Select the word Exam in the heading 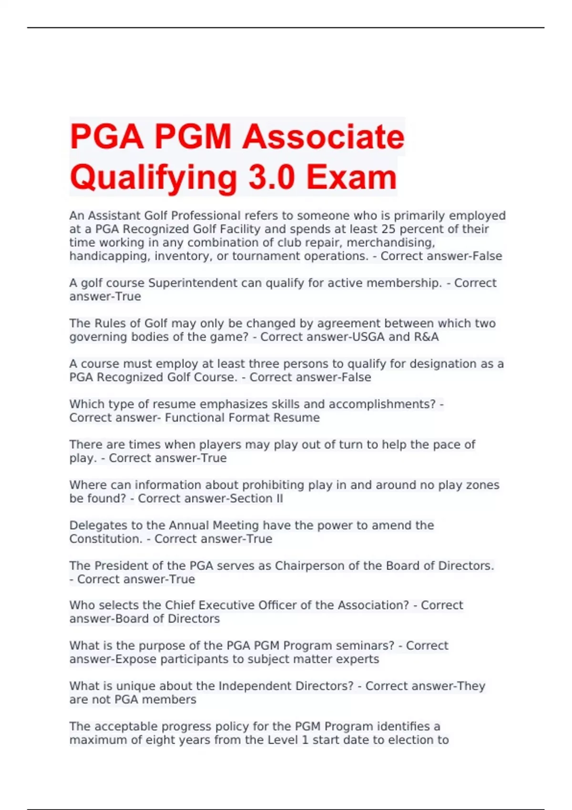tap(351, 177)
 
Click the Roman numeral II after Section tap(278, 499)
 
